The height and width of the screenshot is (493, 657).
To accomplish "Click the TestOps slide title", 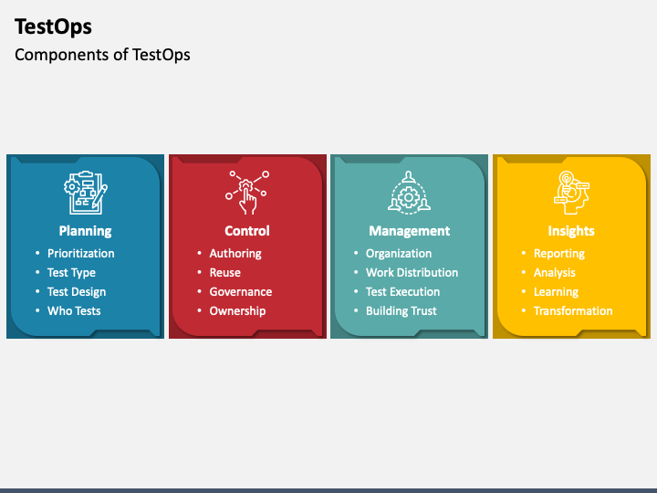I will (x=53, y=26).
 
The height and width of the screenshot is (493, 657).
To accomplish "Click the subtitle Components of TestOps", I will (x=102, y=55).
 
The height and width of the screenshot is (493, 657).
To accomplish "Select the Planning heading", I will (x=85, y=231).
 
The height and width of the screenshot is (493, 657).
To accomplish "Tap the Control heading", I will (x=247, y=231).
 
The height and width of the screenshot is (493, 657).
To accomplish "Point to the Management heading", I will (x=409, y=231).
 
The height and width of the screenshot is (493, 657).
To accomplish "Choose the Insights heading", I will (x=571, y=231).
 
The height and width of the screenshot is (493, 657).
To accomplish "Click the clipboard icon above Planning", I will (x=85, y=191).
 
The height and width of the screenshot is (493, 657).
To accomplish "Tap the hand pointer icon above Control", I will (x=247, y=191).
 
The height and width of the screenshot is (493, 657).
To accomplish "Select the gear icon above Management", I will (x=409, y=191).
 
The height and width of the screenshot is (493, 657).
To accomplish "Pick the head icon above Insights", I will (x=571, y=191).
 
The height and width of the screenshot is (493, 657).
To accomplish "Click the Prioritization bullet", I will (x=81, y=254).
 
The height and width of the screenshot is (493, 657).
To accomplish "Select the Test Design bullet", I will (x=77, y=292).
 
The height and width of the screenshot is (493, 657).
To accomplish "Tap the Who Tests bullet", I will (x=74, y=311).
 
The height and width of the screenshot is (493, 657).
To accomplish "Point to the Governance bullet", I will (x=241, y=292).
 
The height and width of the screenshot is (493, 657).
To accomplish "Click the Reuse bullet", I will (x=225, y=273).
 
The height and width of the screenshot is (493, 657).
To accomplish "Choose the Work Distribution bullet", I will (x=412, y=273).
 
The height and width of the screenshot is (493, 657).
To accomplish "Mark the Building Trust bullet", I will (x=401, y=311).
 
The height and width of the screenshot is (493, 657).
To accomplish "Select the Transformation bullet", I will (x=573, y=311).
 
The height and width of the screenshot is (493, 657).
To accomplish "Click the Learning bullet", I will (x=556, y=292).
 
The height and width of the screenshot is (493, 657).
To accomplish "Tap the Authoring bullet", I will (x=235, y=254).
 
